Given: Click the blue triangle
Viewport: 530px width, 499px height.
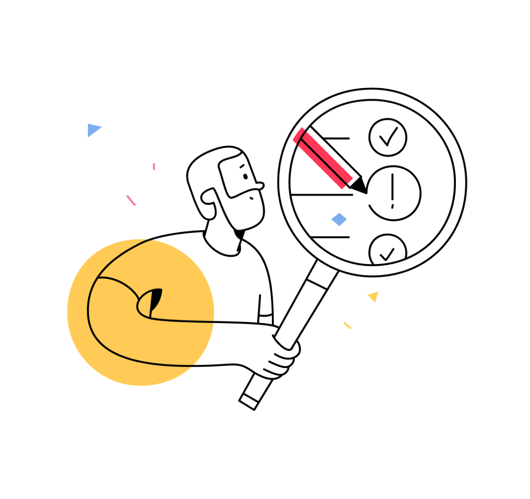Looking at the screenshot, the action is (x=93, y=130).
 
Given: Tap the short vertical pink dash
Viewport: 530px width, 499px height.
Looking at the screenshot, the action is (x=154, y=166).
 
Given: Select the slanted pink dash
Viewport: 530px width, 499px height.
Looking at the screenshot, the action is (x=131, y=200).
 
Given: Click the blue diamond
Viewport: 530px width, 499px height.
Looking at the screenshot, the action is (x=339, y=219).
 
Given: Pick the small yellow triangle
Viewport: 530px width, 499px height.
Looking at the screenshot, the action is (x=373, y=296).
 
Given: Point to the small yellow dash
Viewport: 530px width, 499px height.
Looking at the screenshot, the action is (x=347, y=325).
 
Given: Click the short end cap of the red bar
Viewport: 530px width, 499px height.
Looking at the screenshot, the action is (x=298, y=135).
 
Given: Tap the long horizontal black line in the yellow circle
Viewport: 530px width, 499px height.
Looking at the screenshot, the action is (x=183, y=321).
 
